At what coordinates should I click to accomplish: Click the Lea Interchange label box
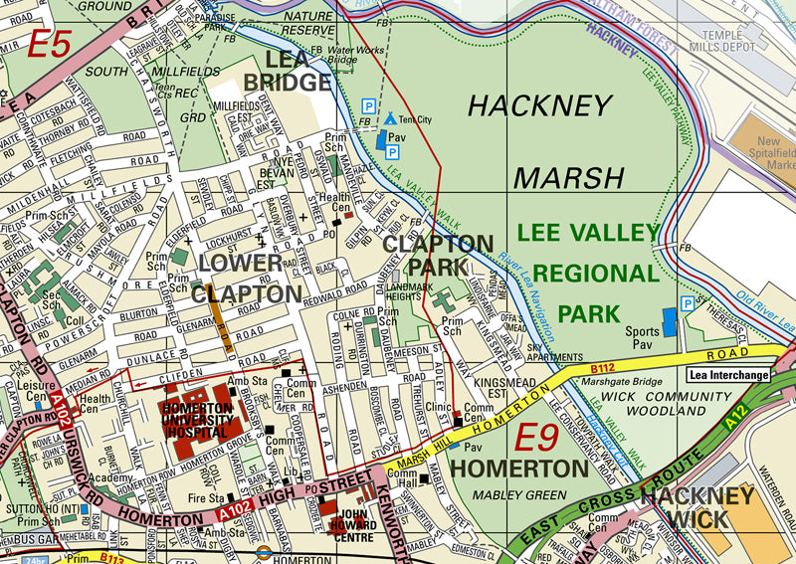click(728, 375)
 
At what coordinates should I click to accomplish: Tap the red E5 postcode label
click(49, 45)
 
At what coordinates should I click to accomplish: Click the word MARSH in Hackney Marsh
click(569, 177)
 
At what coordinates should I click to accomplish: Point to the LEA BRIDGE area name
click(284, 70)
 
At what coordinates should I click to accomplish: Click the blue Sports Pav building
click(669, 320)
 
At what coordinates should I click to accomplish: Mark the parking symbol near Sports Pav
click(688, 302)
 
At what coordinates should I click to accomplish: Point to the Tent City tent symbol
click(390, 118)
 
